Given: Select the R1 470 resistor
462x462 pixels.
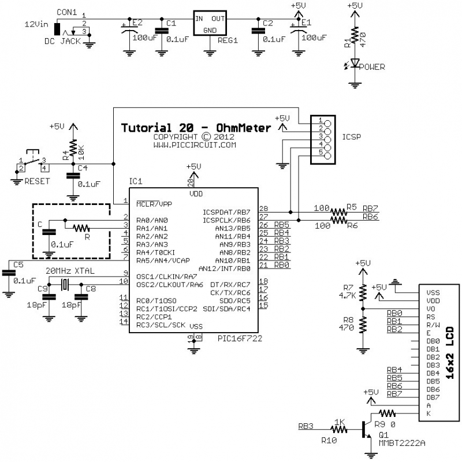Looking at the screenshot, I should (x=355, y=36).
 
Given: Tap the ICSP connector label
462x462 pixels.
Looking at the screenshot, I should (x=352, y=138).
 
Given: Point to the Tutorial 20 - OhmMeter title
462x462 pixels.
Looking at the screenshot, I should (x=196, y=128).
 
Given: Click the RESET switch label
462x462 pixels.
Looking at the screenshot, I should (x=36, y=181).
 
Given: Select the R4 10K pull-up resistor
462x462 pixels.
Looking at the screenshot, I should (x=73, y=148).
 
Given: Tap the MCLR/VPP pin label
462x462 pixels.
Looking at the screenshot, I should (x=154, y=204).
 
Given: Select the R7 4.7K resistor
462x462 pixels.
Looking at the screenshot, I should (x=363, y=292).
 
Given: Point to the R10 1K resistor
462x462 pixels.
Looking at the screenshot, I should (x=338, y=428).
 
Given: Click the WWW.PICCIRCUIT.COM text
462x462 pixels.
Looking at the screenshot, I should (x=195, y=145).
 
